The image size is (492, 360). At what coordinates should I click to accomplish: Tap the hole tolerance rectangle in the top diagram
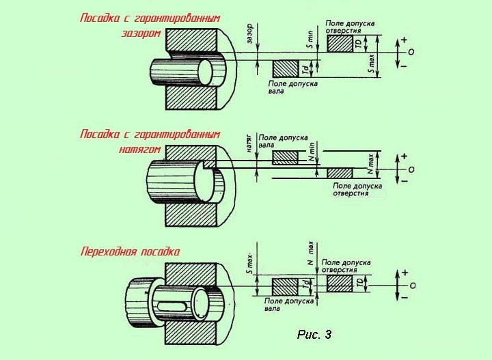[339, 44]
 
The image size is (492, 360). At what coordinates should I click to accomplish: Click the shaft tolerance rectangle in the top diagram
[285, 69]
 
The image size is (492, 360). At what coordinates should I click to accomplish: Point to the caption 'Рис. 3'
[314, 335]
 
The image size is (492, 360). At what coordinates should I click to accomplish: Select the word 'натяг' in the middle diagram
[249, 145]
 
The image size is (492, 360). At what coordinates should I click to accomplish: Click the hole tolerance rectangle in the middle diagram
[340, 174]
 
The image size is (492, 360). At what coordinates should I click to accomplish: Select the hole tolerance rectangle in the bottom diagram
[340, 283]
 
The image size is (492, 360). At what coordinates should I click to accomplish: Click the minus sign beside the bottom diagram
[405, 298]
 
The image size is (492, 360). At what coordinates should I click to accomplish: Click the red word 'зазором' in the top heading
[141, 33]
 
